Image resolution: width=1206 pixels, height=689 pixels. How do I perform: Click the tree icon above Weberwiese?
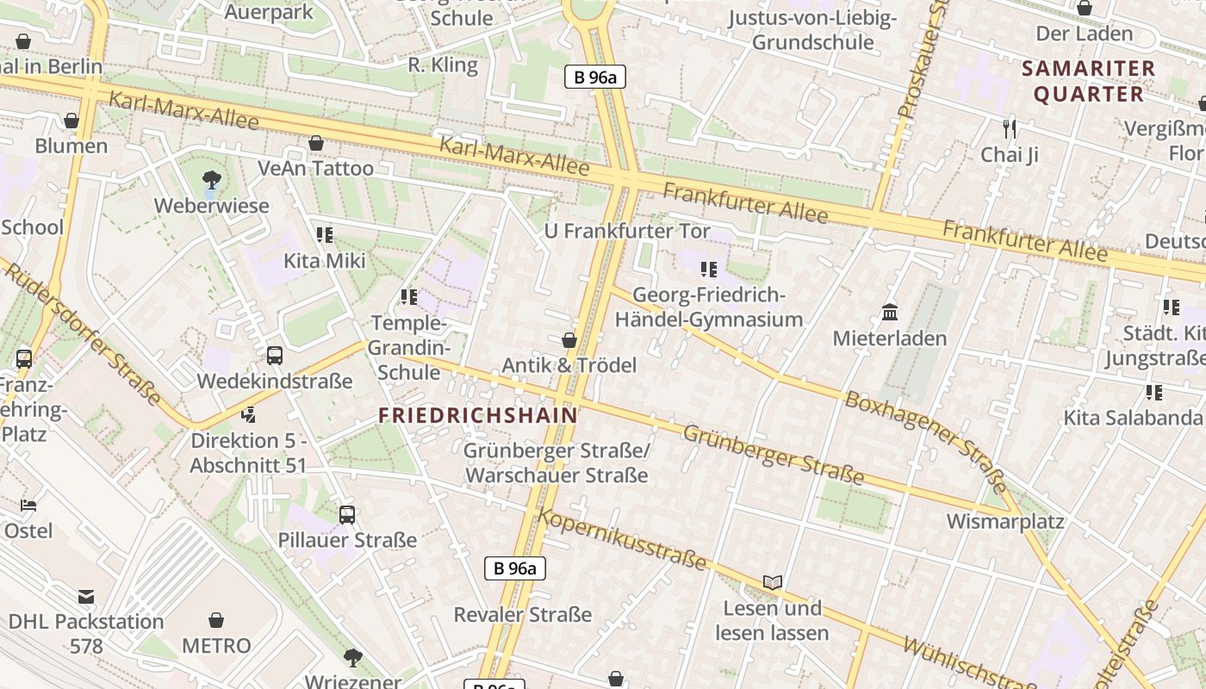[x=211, y=180]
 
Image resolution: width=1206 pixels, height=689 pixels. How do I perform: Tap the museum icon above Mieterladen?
[x=890, y=312]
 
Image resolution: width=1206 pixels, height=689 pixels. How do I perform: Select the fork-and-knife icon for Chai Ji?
[x=1010, y=129]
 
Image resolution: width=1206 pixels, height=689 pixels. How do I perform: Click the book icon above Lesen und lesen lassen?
[x=773, y=583]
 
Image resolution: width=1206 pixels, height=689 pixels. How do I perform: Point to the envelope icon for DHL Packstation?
[x=86, y=596]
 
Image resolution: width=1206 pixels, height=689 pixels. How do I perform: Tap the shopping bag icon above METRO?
[x=216, y=620]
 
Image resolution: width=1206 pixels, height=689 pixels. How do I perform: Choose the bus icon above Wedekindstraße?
[x=275, y=355]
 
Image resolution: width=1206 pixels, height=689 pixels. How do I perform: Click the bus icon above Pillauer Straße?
[x=347, y=515]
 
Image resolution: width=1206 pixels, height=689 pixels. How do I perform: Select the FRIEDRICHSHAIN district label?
[x=478, y=415]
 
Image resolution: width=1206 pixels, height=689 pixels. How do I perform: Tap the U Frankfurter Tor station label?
[x=627, y=231]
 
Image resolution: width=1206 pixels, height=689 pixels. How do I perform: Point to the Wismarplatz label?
[x=1005, y=521]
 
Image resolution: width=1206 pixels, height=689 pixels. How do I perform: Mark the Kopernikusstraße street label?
[x=622, y=539]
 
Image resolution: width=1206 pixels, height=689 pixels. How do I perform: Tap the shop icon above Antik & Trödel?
[x=569, y=340]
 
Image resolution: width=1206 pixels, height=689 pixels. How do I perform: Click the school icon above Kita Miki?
[x=325, y=235]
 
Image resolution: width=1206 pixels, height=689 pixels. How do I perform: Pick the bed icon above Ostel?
[x=28, y=506]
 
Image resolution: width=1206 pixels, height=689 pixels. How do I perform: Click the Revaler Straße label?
[x=523, y=614]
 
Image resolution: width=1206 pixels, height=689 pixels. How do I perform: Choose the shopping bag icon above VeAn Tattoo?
[x=316, y=143]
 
